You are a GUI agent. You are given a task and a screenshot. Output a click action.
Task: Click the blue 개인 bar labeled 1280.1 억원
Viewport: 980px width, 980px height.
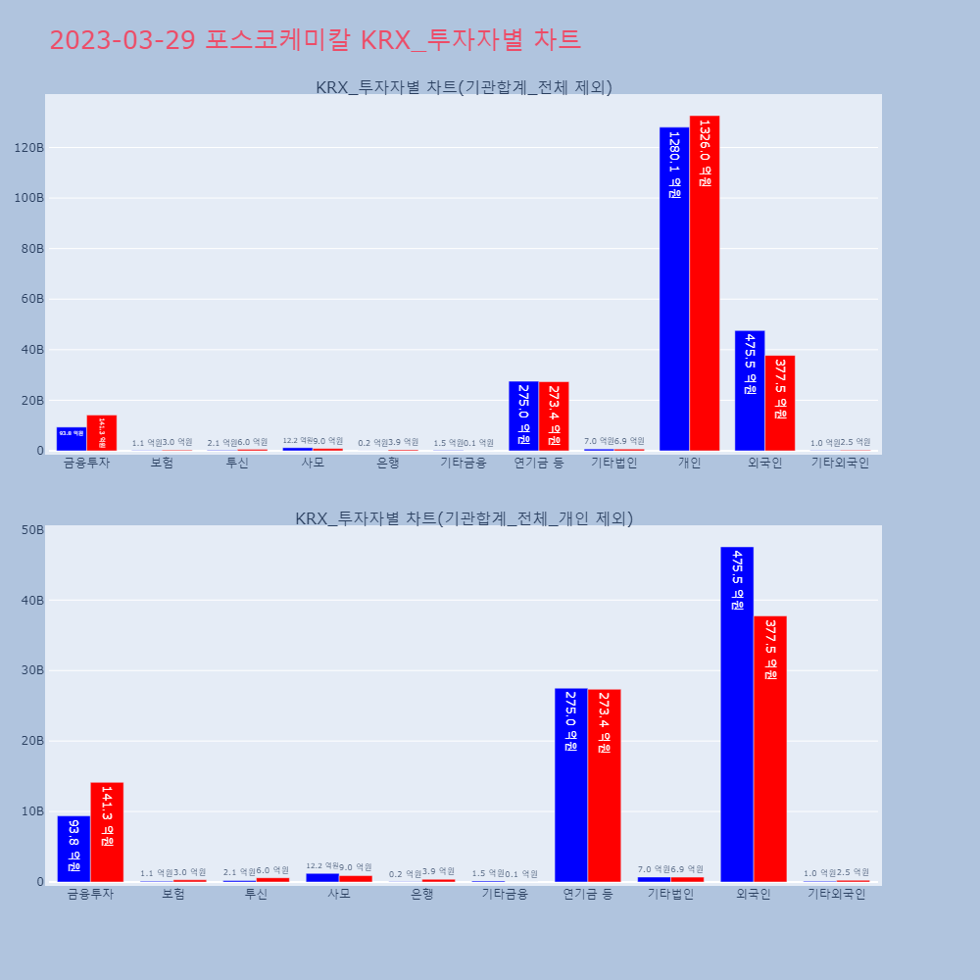tap(674, 289)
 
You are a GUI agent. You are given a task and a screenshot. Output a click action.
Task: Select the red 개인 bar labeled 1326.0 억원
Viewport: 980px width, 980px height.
tap(705, 283)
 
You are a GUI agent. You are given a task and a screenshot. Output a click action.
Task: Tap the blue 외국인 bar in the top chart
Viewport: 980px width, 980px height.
tap(750, 391)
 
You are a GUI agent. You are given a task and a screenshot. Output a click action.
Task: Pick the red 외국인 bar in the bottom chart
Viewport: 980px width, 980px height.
tap(770, 749)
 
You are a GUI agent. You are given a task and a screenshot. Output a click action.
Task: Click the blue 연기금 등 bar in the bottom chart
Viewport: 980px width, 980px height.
tap(571, 785)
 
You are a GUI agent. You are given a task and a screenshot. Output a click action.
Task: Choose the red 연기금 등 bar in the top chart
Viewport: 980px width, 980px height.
tap(554, 416)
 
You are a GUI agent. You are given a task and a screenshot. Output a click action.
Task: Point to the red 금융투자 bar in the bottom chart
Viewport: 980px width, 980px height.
tap(107, 832)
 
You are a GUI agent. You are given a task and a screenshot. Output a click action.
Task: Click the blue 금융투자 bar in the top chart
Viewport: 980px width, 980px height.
tap(72, 439)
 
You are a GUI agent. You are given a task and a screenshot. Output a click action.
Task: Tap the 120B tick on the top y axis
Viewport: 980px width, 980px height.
tap(28, 148)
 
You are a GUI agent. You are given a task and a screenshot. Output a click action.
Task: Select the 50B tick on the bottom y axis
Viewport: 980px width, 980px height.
tap(32, 530)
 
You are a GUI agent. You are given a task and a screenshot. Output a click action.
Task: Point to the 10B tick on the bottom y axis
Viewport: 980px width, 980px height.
tap(32, 811)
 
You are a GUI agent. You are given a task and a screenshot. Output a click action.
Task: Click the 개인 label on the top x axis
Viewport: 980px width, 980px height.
tap(689, 463)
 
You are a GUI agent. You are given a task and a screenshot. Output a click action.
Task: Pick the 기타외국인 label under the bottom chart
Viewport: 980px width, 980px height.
tap(836, 894)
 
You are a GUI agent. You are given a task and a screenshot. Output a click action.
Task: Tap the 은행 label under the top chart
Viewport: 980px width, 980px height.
tap(388, 463)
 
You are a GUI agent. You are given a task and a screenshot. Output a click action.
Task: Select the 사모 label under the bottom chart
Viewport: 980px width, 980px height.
tap(339, 894)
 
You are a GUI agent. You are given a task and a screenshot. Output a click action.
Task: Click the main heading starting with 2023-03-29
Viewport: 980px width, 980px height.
tap(315, 40)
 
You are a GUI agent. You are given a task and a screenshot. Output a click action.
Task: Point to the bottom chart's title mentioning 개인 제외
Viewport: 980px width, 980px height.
tap(464, 518)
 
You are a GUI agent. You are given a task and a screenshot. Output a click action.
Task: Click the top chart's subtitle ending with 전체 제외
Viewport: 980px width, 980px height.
tap(464, 87)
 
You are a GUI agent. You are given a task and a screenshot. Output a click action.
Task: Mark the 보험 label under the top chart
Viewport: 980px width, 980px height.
tap(162, 463)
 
